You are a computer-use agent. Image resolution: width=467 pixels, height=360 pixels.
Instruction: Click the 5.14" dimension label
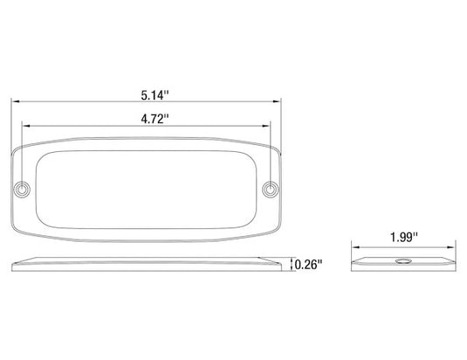click(x=155, y=95)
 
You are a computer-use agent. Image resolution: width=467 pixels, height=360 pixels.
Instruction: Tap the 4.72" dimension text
click(x=155, y=119)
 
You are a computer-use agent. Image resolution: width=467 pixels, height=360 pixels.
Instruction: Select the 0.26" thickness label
click(x=308, y=265)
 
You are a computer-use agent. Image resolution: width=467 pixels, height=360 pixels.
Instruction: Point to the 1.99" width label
click(x=404, y=237)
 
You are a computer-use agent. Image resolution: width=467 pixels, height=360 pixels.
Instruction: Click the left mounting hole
click(x=22, y=190)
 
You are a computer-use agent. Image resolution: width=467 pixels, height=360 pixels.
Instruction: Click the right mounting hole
click(x=271, y=190)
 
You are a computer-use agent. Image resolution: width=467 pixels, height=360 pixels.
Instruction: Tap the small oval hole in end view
click(x=403, y=261)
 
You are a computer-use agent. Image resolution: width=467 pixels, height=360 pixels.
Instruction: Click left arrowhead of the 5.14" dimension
click(x=15, y=101)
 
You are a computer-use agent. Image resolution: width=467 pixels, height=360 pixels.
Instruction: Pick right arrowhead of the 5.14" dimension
click(x=277, y=101)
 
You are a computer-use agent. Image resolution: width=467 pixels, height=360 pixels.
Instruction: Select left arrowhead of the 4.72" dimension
click(x=26, y=126)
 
